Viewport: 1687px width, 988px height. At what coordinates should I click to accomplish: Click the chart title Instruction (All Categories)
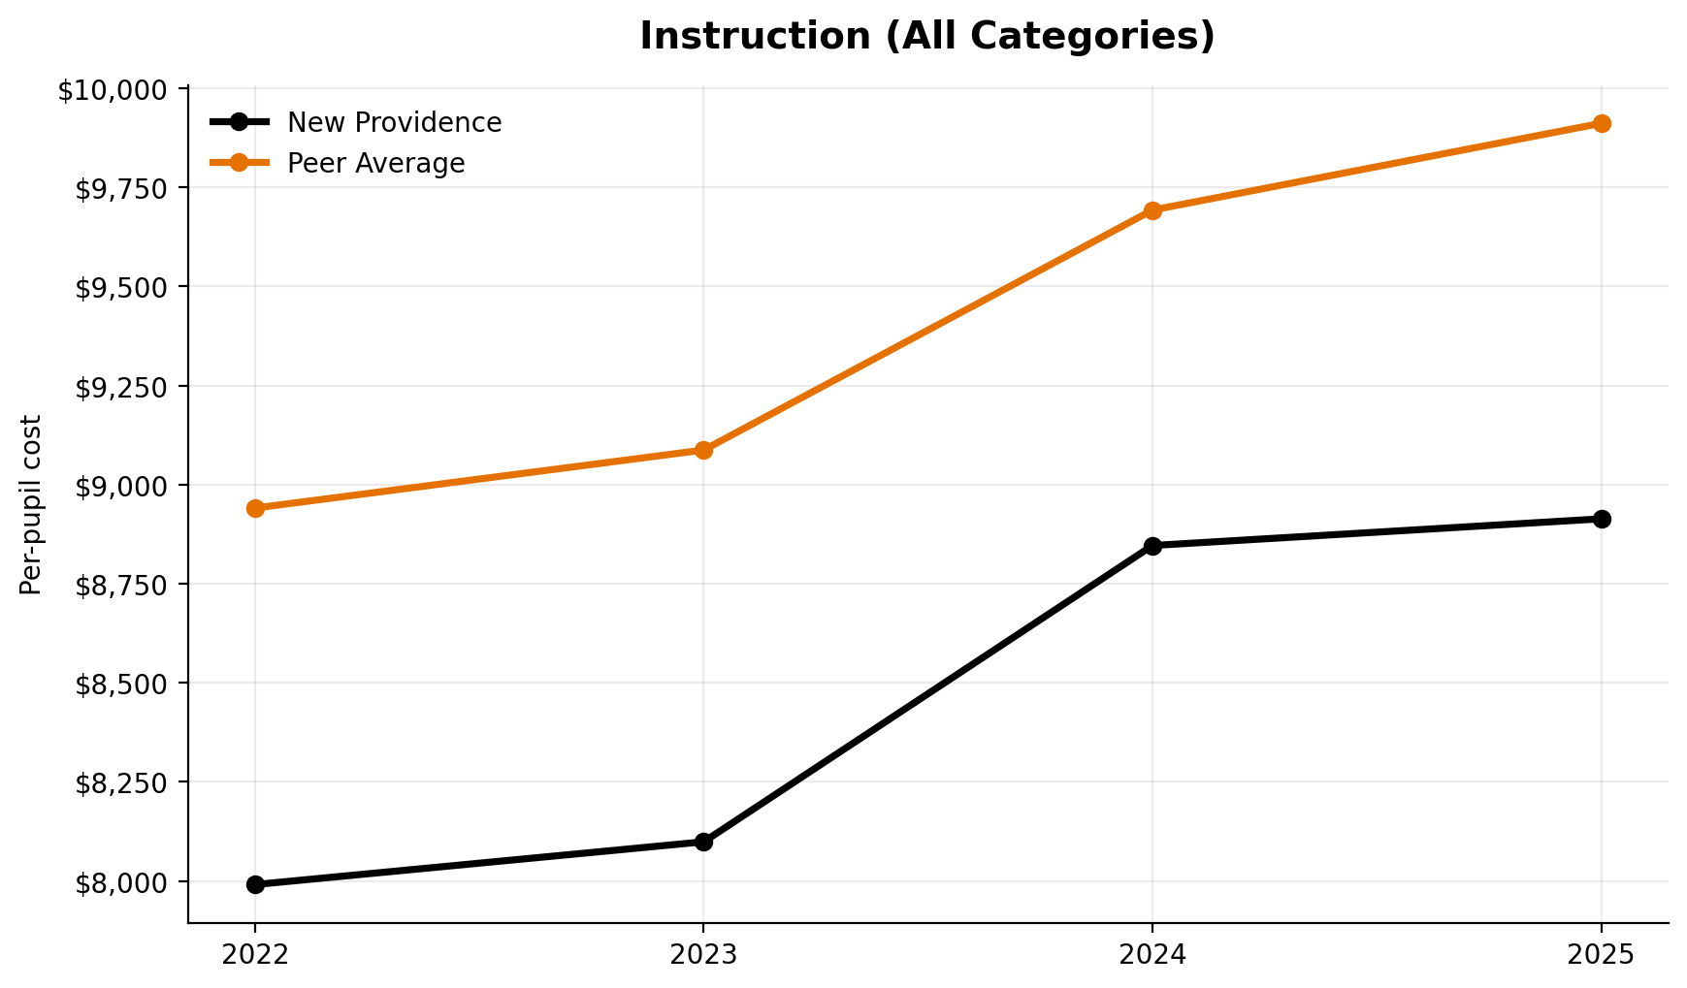pos(926,37)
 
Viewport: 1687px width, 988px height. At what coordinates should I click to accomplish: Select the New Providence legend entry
pos(394,123)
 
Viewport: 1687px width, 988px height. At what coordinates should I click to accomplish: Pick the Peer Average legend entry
pos(375,164)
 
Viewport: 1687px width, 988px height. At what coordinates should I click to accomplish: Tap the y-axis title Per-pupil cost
pos(31,504)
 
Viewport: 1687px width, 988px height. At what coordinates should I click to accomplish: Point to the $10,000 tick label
pos(112,91)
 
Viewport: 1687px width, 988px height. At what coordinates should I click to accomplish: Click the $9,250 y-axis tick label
pos(119,387)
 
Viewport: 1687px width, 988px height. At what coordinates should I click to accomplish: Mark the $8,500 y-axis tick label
pos(119,684)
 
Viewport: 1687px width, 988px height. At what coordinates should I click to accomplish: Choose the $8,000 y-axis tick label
pos(119,882)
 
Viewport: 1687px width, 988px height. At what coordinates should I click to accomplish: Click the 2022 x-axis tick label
pos(255,955)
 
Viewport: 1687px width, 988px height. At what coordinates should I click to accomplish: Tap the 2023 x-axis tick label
pos(704,955)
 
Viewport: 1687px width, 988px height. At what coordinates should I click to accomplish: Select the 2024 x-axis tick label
pos(1152,955)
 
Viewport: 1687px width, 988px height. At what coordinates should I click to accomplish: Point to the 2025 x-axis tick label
pos(1602,955)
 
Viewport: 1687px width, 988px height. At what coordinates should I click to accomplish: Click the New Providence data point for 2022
pos(255,884)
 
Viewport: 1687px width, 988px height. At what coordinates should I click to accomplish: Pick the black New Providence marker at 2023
pos(704,842)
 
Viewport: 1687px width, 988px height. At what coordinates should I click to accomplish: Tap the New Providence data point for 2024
pos(1152,546)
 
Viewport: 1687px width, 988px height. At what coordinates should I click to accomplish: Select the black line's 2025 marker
pos(1602,519)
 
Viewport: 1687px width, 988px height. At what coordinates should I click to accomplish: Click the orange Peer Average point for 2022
pos(255,508)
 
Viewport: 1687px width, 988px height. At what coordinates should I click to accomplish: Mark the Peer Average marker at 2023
pos(704,450)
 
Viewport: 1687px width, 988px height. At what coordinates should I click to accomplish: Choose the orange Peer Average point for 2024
pos(1152,210)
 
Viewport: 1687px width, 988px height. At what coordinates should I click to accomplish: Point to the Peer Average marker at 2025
pos(1602,123)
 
